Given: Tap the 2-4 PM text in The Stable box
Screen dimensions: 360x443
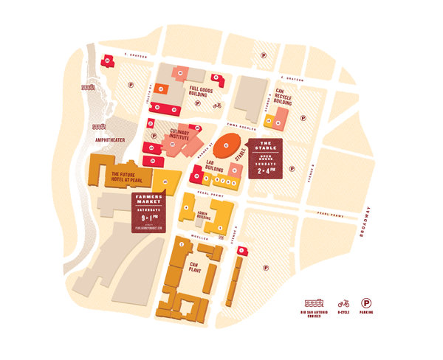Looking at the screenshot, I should (267, 170).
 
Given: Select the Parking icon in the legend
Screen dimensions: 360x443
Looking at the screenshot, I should (366, 303).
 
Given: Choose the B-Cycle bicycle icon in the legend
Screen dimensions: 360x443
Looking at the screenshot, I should (343, 303).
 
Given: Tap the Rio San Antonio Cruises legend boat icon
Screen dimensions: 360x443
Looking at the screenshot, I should (315, 303).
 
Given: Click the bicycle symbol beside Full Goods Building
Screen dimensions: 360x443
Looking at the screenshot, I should (217, 105).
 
